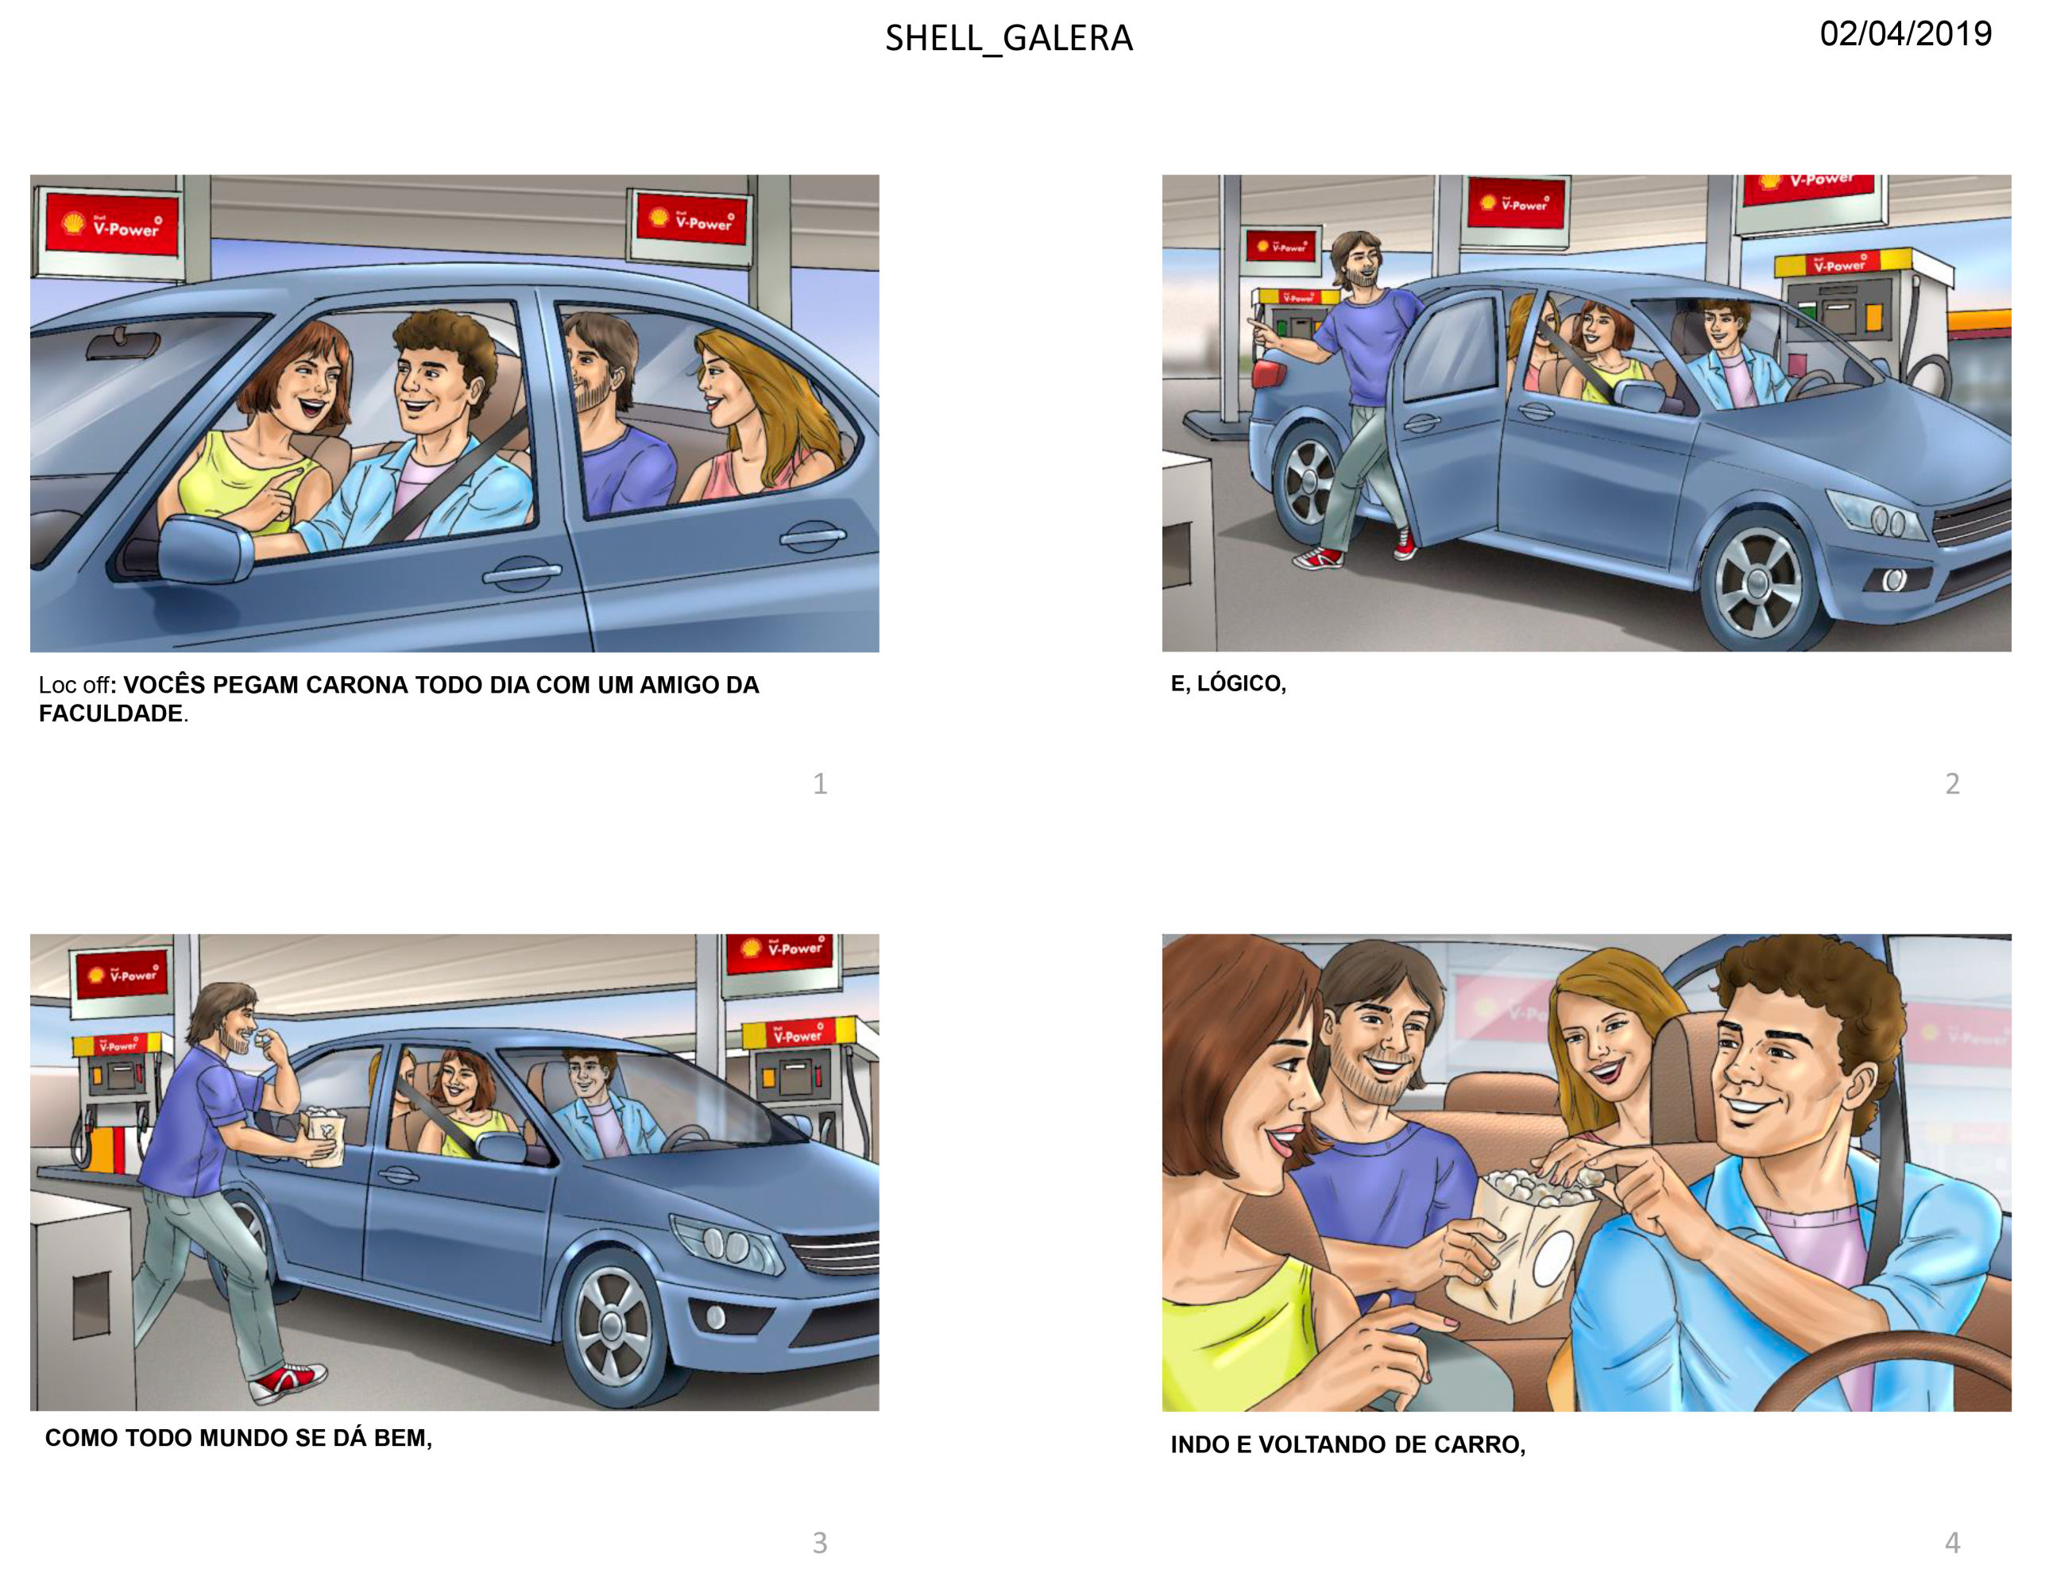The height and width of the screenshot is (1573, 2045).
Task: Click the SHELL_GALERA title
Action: (x=1009, y=38)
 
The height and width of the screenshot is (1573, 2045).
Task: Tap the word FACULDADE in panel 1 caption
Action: (x=110, y=713)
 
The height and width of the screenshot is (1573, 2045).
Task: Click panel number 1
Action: (x=820, y=783)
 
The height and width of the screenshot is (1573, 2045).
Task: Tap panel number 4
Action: (x=1952, y=1542)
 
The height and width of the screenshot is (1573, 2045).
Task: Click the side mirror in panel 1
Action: (x=204, y=549)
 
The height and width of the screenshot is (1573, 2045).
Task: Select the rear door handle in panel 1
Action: (x=813, y=537)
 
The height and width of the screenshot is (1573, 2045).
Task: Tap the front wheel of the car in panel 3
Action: (x=613, y=1328)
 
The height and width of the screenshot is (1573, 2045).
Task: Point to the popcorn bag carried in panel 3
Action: (x=323, y=1136)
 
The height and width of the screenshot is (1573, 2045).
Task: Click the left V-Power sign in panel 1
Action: (x=111, y=225)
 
